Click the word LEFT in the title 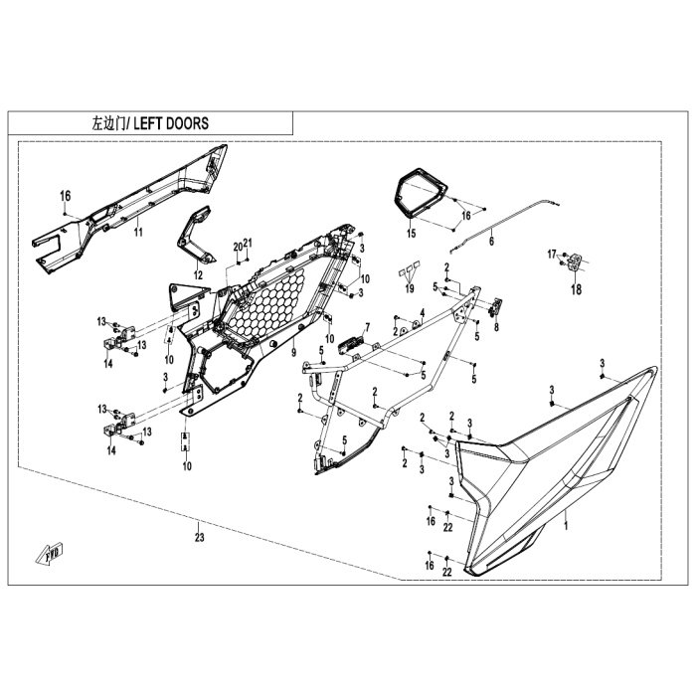pyautogui.click(x=146, y=123)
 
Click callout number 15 pyautogui.click(x=410, y=235)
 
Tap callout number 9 pyautogui.click(x=293, y=353)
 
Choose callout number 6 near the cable pyautogui.click(x=492, y=239)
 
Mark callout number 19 pyautogui.click(x=409, y=288)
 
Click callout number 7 pyautogui.click(x=366, y=326)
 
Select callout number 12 pyautogui.click(x=197, y=274)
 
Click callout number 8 pyautogui.click(x=497, y=327)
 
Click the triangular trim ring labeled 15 pyautogui.click(x=419, y=193)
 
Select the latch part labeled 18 pyautogui.click(x=576, y=261)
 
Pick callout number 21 pyautogui.click(x=249, y=245)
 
